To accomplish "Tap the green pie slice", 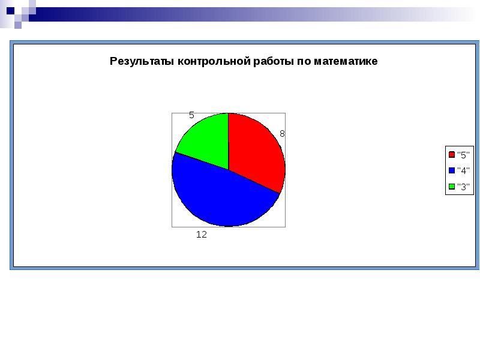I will click(204, 141).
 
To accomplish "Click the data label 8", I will click(282, 134).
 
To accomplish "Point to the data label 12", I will click(202, 235).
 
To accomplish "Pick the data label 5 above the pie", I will click(192, 115).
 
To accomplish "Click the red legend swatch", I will click(451, 154).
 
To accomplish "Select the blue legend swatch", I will click(451, 170).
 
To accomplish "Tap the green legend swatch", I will click(451, 186).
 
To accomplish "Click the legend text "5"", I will click(463, 154).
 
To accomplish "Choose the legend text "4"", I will click(463, 170).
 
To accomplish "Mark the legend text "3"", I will click(463, 186).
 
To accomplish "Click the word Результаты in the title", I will click(142, 61).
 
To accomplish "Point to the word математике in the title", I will click(345, 61).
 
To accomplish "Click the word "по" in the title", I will click(304, 61).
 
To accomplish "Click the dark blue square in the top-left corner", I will click(10, 10).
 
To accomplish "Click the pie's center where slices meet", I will click(229, 170).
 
